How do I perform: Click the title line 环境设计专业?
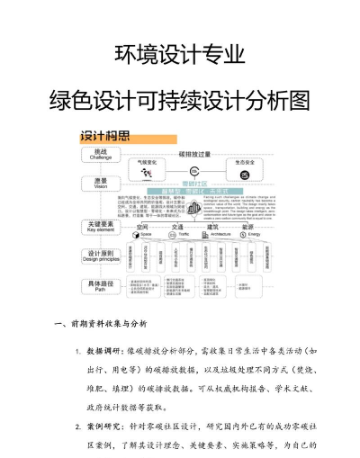tap(180, 55)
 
